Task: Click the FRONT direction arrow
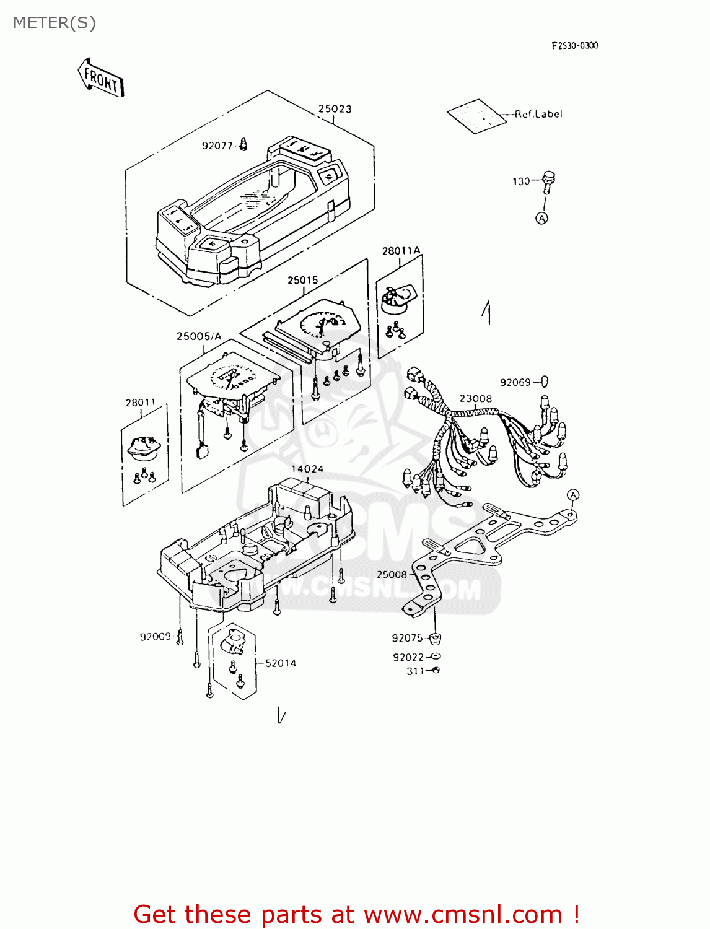(x=101, y=77)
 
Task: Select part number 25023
(x=335, y=109)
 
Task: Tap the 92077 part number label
(x=217, y=146)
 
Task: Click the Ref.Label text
(x=538, y=114)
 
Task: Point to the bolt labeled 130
(x=548, y=181)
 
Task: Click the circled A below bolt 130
(x=542, y=218)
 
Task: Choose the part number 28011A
(x=401, y=251)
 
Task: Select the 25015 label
(x=302, y=280)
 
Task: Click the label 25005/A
(x=198, y=336)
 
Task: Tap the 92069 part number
(x=515, y=382)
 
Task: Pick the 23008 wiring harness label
(x=476, y=398)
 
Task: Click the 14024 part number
(x=307, y=469)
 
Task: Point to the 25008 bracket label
(x=392, y=574)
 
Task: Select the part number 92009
(x=155, y=637)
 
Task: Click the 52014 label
(x=280, y=663)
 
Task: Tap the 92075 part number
(x=407, y=638)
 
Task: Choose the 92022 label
(x=408, y=657)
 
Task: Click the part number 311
(x=416, y=671)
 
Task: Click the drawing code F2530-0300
(x=575, y=45)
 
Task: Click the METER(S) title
(x=55, y=23)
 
